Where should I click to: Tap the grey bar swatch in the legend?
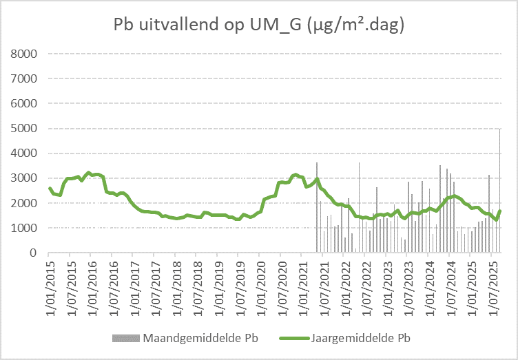(124, 338)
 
